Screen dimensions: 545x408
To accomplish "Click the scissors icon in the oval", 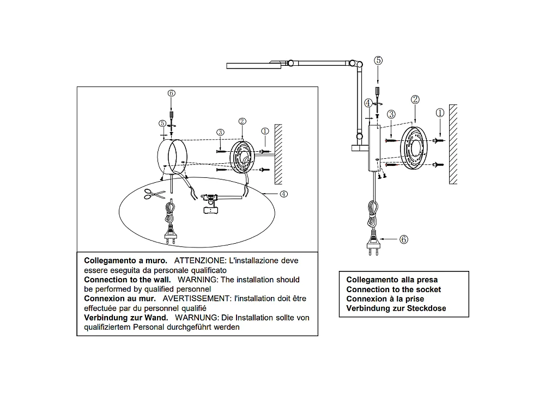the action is [155, 194].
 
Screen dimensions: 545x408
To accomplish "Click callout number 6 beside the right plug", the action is [403, 239].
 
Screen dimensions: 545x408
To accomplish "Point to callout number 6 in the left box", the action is [171, 93].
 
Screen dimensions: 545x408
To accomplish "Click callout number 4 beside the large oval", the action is [283, 194].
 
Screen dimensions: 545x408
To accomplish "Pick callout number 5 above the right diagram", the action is [378, 60].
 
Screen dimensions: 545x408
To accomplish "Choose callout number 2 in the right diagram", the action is [415, 100].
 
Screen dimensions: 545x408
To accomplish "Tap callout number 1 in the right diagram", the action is [440, 113].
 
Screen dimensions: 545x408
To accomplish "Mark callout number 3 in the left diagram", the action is [220, 132].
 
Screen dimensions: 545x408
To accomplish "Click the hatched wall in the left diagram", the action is [278, 154].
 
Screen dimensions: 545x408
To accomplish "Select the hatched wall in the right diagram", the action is [453, 144].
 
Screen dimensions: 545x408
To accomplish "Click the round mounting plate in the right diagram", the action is [414, 148].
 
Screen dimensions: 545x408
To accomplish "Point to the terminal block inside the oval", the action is [210, 210].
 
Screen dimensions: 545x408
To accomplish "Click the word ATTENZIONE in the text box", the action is [200, 261].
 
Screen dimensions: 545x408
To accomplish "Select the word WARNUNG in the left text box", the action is [197, 318].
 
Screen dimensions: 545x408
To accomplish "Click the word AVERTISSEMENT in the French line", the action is [196, 299].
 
